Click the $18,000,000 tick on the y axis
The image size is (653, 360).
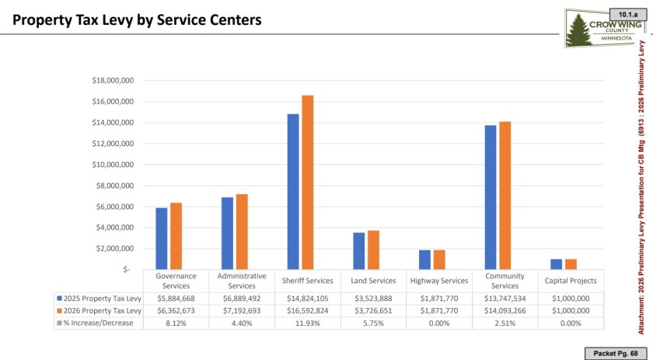pos(108,80)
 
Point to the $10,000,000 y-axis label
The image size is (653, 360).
pos(108,164)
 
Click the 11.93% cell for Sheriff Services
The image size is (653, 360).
pos(308,323)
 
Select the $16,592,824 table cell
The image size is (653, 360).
pos(308,310)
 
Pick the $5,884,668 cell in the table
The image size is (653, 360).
pos(176,298)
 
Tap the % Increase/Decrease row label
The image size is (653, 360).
pos(100,323)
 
